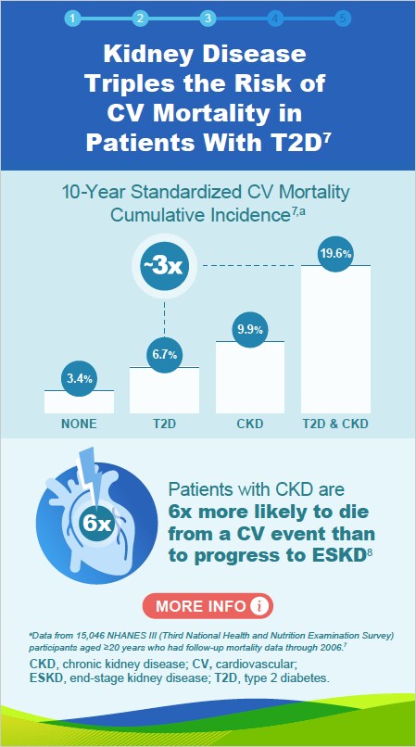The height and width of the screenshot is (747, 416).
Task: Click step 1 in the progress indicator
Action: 72,18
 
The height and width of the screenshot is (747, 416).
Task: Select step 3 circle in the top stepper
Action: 208,18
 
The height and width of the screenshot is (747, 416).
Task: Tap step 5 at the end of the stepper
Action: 343,18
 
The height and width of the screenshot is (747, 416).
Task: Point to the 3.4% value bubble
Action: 79,378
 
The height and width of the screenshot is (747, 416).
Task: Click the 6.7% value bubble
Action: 165,354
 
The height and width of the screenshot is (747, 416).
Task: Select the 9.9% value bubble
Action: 250,329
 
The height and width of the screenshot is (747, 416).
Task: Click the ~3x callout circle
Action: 164,266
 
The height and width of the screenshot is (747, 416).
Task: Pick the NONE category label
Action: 79,424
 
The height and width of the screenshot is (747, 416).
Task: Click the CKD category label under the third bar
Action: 250,424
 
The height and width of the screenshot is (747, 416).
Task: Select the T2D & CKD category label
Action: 335,424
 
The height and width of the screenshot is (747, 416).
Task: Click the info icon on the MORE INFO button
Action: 259,606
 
